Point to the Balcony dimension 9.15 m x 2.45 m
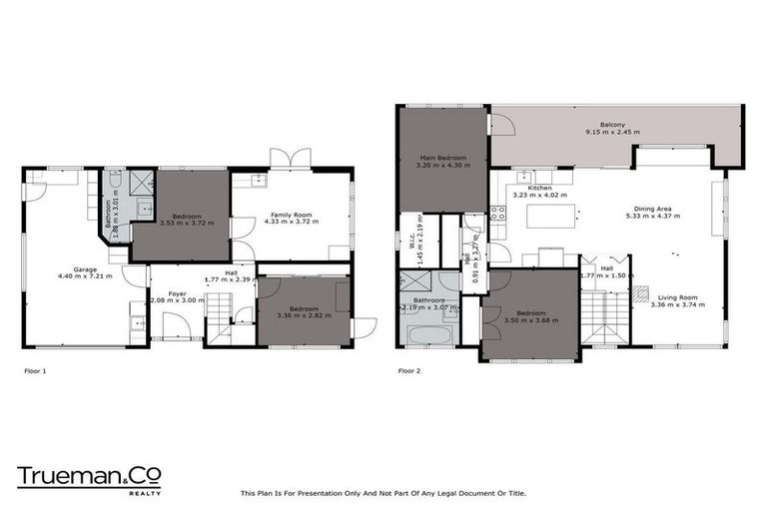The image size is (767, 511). (x=613, y=132)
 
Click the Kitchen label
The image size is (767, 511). (x=539, y=188)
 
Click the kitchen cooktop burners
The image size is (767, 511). (x=496, y=214)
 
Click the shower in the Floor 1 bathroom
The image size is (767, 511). (x=143, y=182)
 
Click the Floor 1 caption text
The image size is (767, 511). (x=35, y=370)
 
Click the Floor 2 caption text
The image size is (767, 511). (x=409, y=370)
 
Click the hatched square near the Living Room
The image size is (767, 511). (x=641, y=294)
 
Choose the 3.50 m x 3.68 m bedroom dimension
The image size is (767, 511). (x=529, y=321)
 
